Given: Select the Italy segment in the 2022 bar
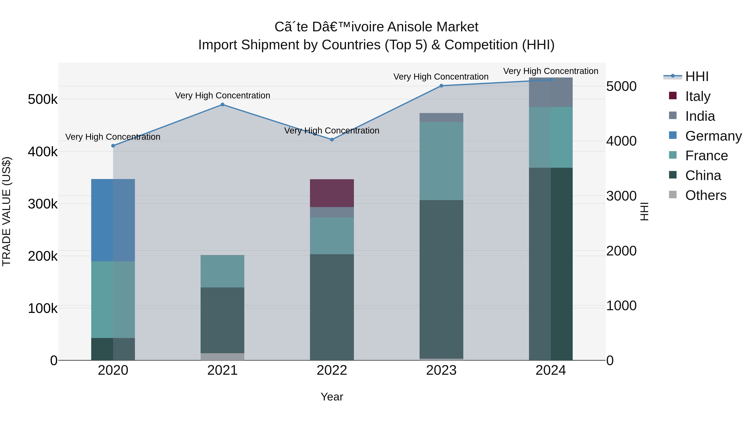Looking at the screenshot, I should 332,193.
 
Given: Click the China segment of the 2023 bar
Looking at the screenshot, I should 441,279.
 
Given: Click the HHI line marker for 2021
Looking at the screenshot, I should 223,104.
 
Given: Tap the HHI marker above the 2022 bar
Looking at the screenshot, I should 332,140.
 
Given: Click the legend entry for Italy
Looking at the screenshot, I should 697,96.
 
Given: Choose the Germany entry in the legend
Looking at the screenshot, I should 713,136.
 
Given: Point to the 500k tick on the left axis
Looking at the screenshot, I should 43,100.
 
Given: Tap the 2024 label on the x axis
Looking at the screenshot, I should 551,370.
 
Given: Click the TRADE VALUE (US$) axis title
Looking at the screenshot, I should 6,211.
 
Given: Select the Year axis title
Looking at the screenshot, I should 332,397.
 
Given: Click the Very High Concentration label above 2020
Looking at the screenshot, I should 113,137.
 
